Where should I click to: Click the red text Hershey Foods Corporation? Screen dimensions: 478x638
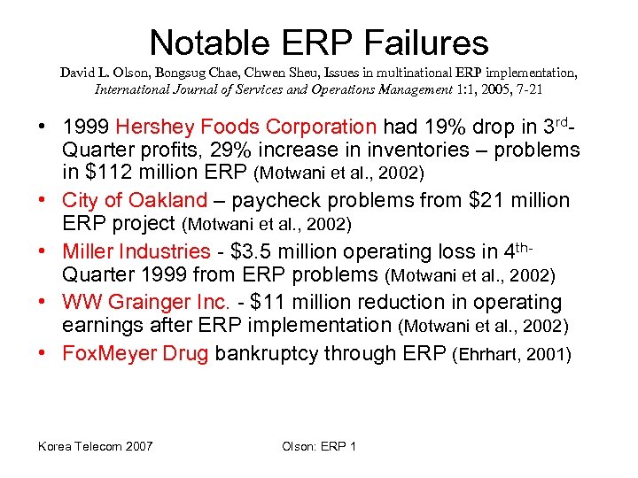(245, 128)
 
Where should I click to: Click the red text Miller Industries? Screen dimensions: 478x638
(136, 252)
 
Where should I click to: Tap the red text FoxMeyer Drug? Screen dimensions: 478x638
(136, 354)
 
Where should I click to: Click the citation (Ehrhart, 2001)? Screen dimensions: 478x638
(511, 355)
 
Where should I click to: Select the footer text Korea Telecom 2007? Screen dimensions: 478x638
(95, 445)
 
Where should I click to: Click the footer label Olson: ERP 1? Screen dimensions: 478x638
(319, 445)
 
